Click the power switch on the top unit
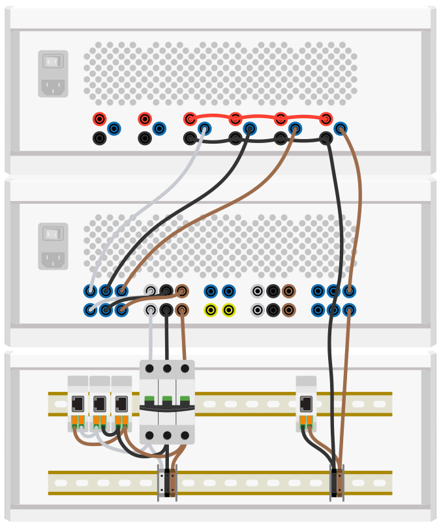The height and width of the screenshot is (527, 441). pyautogui.click(x=53, y=61)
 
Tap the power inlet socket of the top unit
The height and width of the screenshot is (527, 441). pyautogui.click(x=53, y=86)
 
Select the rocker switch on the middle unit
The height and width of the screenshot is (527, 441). pyautogui.click(x=53, y=234)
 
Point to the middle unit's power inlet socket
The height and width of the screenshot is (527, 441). pyautogui.click(x=53, y=259)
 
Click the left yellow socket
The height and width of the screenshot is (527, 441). pyautogui.click(x=210, y=310)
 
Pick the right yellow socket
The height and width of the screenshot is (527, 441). pyautogui.click(x=228, y=310)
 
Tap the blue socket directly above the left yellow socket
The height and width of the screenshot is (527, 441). pyautogui.click(x=210, y=291)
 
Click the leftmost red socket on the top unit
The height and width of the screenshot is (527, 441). pyautogui.click(x=99, y=119)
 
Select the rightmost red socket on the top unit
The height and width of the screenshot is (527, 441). pyautogui.click(x=326, y=119)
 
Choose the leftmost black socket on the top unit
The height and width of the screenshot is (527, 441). pyautogui.click(x=99, y=138)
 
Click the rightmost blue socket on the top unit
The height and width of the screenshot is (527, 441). pyautogui.click(x=341, y=129)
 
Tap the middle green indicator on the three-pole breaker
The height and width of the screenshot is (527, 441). pyautogui.click(x=167, y=399)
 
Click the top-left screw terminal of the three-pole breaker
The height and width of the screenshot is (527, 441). pyautogui.click(x=149, y=368)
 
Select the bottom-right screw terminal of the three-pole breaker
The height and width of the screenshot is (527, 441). pyautogui.click(x=185, y=436)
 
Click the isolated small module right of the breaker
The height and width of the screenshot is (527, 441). pyautogui.click(x=306, y=403)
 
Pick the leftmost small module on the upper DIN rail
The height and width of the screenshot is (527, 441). pyautogui.click(x=78, y=403)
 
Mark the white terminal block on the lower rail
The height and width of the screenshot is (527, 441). pyautogui.click(x=161, y=483)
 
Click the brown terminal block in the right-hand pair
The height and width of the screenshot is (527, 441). pyautogui.click(x=340, y=483)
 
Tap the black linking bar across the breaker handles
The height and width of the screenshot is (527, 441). pyautogui.click(x=167, y=407)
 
